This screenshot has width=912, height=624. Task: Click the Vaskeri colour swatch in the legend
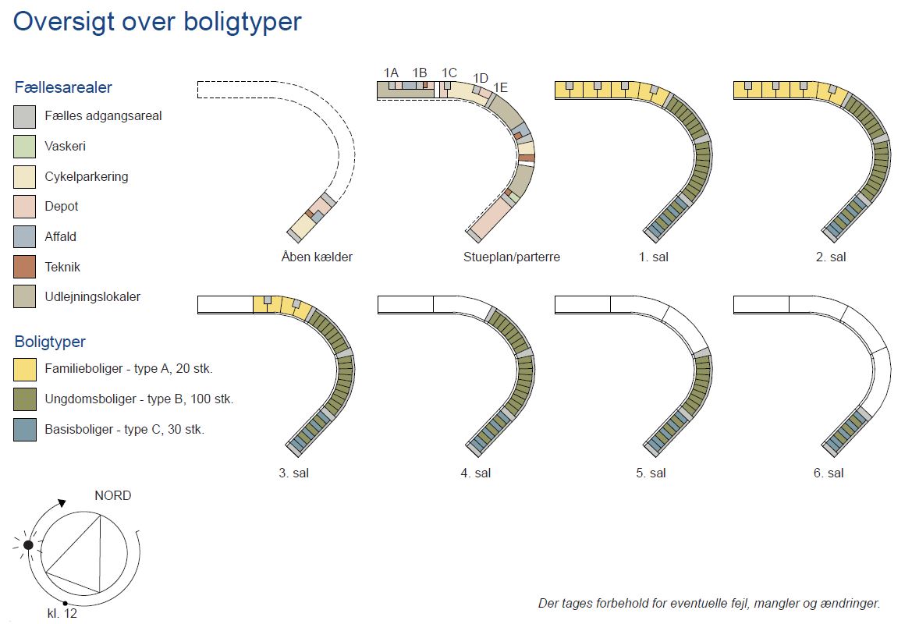(24, 147)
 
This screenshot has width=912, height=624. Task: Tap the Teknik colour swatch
(24, 267)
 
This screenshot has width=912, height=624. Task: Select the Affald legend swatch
(24, 236)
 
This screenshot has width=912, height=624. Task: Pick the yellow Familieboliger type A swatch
(24, 369)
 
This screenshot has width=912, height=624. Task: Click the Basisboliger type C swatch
(24, 430)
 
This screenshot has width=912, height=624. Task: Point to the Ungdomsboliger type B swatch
(24, 399)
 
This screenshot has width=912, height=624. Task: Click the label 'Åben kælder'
(317, 257)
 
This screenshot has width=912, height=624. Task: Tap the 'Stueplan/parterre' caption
(511, 257)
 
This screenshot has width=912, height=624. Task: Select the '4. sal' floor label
(476, 473)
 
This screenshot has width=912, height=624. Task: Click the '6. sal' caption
(829, 473)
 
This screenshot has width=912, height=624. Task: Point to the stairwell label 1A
(391, 73)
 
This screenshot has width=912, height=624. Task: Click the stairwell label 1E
(500, 88)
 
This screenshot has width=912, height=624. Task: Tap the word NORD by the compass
(113, 495)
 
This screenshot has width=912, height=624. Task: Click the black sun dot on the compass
(28, 545)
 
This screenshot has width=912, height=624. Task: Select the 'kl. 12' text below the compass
(62, 614)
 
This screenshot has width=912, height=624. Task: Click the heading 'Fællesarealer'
(63, 87)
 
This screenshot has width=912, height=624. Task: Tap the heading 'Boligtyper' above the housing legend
(50, 342)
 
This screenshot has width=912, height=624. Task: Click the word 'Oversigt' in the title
(64, 22)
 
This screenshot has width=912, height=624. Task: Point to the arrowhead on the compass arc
(62, 502)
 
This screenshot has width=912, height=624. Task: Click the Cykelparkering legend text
(87, 177)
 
